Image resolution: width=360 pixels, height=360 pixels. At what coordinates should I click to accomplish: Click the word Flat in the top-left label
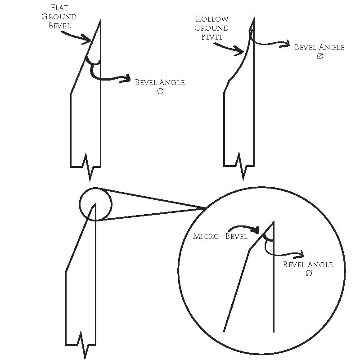(x=63, y=8)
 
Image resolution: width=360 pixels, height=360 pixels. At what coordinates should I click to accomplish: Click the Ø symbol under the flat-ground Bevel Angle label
(x=160, y=91)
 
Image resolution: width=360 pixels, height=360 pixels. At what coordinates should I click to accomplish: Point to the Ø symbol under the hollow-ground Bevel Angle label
(x=320, y=56)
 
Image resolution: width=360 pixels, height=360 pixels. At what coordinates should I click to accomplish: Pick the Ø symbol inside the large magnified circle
(x=308, y=274)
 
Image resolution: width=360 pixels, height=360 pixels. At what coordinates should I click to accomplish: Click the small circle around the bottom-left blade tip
(x=95, y=204)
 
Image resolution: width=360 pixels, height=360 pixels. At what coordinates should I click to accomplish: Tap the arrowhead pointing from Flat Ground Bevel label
(x=89, y=41)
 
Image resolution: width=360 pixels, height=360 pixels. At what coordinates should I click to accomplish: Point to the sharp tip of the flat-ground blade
(x=100, y=21)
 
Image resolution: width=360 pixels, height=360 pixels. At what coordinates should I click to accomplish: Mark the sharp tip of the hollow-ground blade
(x=254, y=19)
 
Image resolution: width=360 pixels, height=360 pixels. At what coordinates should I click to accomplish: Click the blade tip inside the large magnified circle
(x=274, y=222)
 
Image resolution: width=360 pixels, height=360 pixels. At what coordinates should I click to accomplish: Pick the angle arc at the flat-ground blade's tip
(x=93, y=61)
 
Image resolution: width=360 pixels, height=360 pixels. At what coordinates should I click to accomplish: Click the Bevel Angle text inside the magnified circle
(x=308, y=265)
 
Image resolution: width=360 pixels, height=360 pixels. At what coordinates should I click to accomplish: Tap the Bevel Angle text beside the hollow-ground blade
(x=319, y=47)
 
